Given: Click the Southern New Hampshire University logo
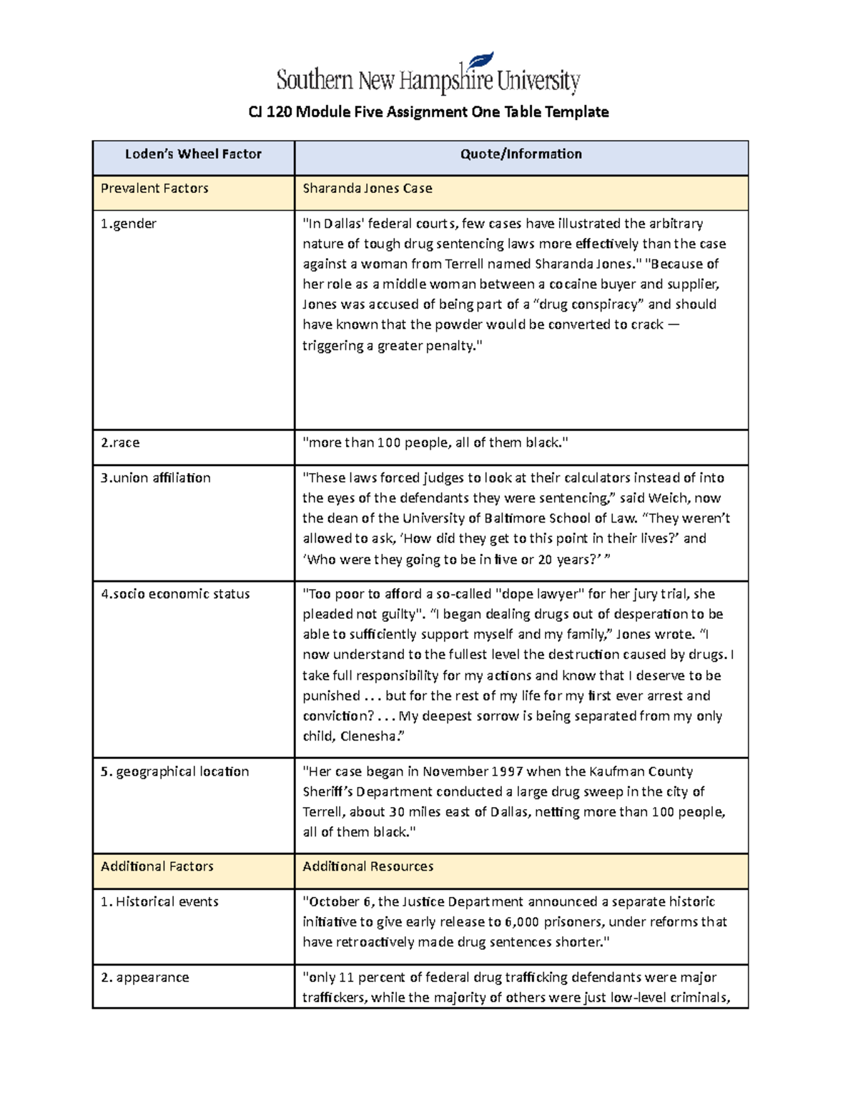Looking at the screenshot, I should (428, 76).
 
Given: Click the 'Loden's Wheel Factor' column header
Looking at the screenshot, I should (193, 154).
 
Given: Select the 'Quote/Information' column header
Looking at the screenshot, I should (521, 154).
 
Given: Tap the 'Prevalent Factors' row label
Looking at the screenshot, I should (154, 189).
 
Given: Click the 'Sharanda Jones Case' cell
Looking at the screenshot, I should (368, 189).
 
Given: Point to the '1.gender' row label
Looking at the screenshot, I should (129, 224).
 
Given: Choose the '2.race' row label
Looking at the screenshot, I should (120, 443).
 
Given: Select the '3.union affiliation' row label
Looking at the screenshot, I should (156, 478).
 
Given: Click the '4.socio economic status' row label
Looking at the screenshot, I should (175, 594).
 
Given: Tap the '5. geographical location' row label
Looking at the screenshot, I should (175, 772).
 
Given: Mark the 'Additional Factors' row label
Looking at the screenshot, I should (157, 867).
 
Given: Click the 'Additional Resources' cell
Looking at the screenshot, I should (368, 867).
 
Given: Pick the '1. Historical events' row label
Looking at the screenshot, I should (159, 902).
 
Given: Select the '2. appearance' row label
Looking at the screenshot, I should (145, 978).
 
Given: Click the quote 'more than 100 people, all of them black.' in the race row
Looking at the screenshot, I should (435, 443).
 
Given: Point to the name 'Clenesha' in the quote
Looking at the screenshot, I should (369, 736).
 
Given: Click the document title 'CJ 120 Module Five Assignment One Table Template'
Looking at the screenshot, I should (428, 112).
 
